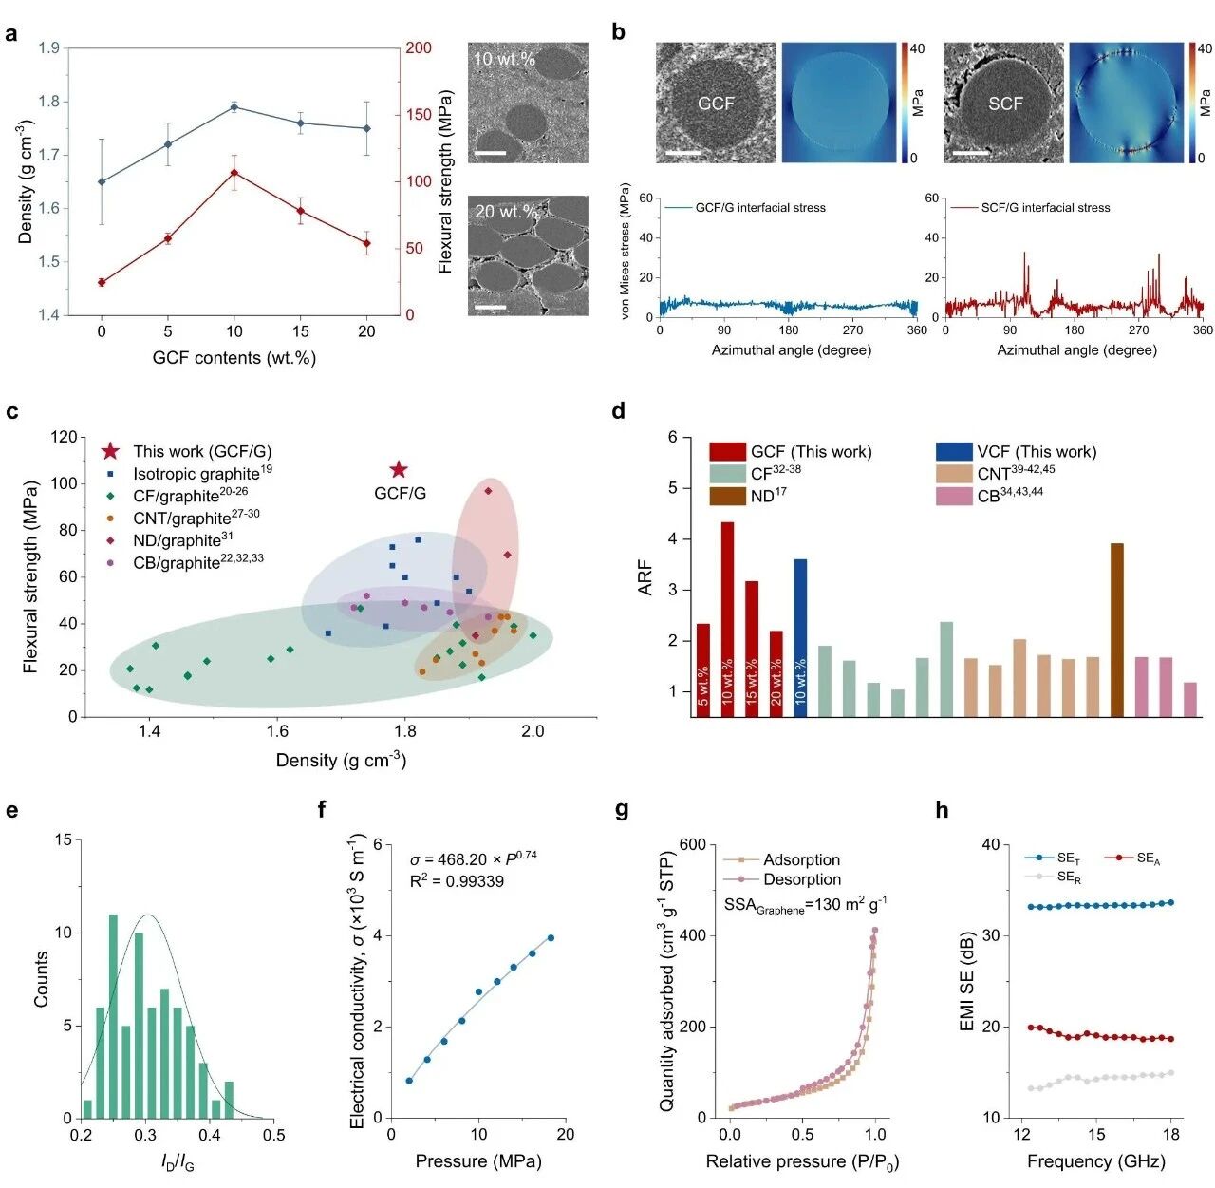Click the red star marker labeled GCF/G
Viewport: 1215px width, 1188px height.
point(399,469)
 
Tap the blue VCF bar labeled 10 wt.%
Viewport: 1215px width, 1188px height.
point(800,637)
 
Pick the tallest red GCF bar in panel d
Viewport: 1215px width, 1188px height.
point(727,618)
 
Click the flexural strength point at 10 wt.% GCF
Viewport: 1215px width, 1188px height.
point(234,173)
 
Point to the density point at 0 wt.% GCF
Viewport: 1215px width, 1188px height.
point(102,181)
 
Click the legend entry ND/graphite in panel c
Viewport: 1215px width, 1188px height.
point(182,540)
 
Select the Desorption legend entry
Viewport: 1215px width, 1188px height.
point(801,879)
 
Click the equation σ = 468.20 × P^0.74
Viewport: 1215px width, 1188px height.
point(473,858)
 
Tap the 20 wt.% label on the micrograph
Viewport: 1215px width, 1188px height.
point(506,211)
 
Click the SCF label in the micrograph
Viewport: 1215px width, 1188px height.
point(1005,104)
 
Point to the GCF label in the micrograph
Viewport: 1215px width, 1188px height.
point(716,104)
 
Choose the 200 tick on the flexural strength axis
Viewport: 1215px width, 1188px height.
point(419,48)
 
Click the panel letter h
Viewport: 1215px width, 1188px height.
point(942,810)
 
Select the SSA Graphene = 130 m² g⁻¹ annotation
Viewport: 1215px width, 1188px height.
point(805,905)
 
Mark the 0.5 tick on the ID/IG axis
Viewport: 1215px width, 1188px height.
point(273,1134)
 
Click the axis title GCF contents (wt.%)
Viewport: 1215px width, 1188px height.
point(234,358)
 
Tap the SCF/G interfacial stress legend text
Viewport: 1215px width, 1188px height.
point(1045,207)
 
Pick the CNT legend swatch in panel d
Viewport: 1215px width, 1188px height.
point(953,473)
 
